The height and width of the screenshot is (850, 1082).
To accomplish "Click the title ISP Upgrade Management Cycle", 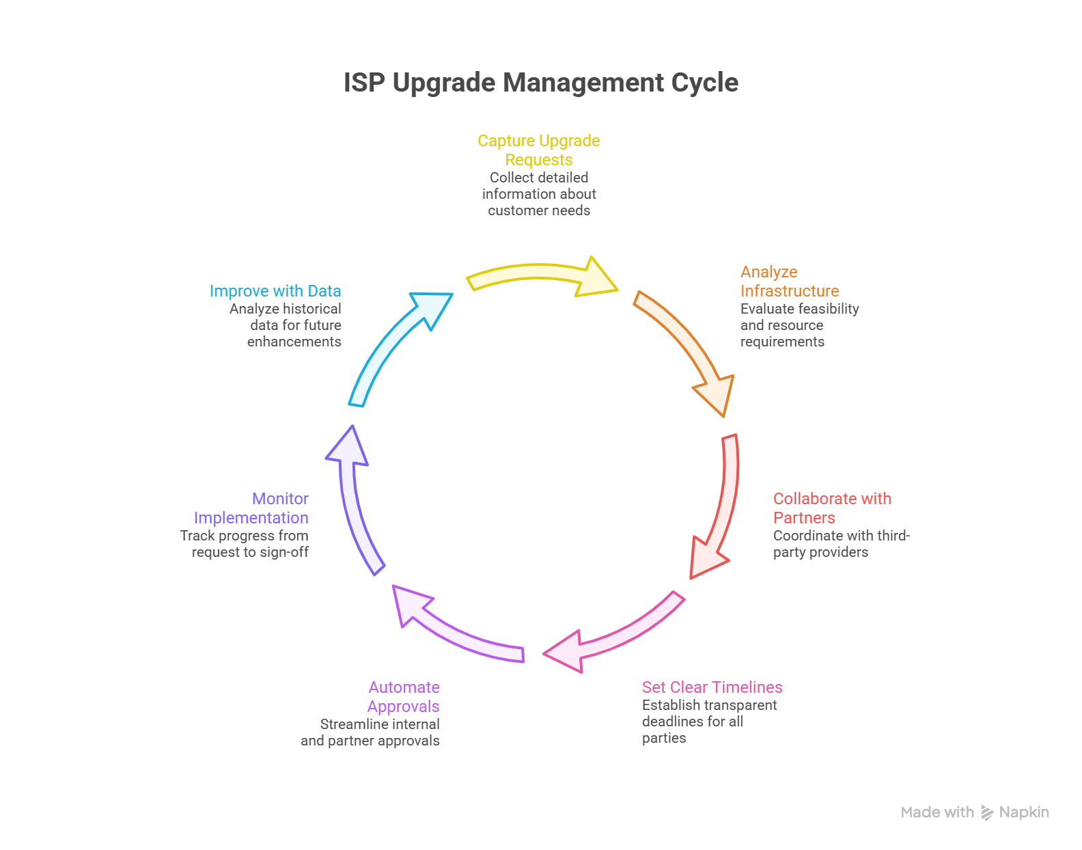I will pos(540,83).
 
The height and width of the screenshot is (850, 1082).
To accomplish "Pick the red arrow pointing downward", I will pos(721,506).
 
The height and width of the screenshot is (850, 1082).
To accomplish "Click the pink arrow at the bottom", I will pos(615,635).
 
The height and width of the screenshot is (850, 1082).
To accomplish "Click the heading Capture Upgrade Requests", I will pos(539,150).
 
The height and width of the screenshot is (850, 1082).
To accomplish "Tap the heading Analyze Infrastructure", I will pos(790,282).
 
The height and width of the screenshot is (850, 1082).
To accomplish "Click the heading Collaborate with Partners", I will pos(832,508).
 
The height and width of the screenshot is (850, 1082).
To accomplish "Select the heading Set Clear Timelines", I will pos(712,687).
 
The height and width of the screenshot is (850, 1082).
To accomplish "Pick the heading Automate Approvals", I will pos(404,697).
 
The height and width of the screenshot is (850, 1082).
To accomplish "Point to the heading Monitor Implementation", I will pos(251,508).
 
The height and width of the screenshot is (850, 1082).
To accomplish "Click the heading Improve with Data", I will pos(275,291).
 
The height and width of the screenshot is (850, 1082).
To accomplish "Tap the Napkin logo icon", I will pos(987,812).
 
